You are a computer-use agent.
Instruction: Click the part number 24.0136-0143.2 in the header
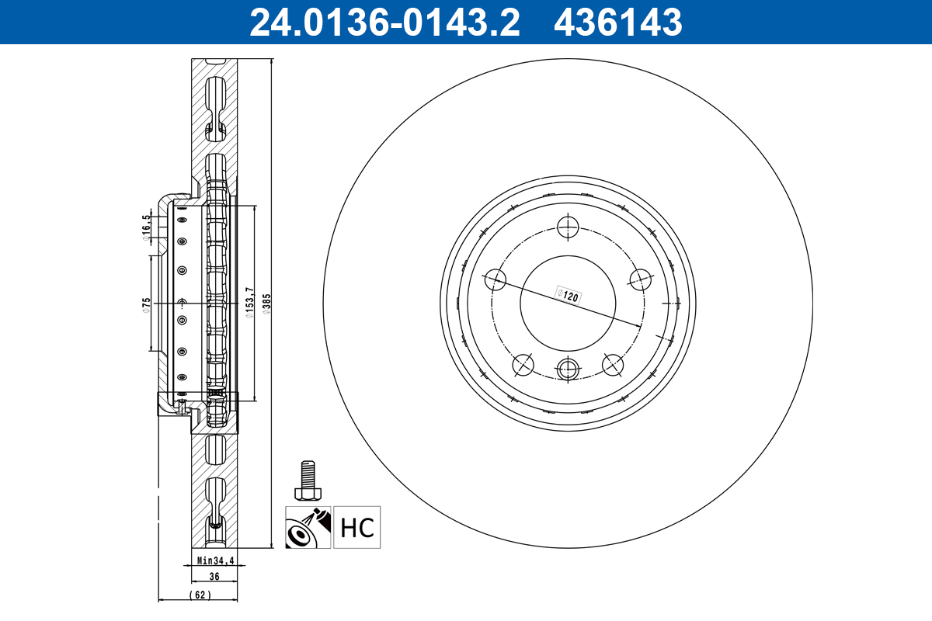384,22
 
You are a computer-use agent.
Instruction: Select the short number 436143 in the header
617,22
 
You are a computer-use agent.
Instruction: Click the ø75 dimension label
146,304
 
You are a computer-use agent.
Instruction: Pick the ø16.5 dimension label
146,229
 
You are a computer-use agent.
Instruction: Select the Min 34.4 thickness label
215,560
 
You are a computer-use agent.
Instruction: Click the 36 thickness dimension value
215,577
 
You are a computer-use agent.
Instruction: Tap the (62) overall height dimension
199,595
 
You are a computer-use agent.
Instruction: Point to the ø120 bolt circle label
569,296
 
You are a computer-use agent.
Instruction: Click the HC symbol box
357,527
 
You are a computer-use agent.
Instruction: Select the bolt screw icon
308,481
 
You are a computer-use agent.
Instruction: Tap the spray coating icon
308,527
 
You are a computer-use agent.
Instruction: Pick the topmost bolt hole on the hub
569,227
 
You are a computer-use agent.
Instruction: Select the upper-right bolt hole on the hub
641,279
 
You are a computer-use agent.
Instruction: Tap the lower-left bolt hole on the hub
523,364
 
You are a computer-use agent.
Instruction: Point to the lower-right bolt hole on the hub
613,364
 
